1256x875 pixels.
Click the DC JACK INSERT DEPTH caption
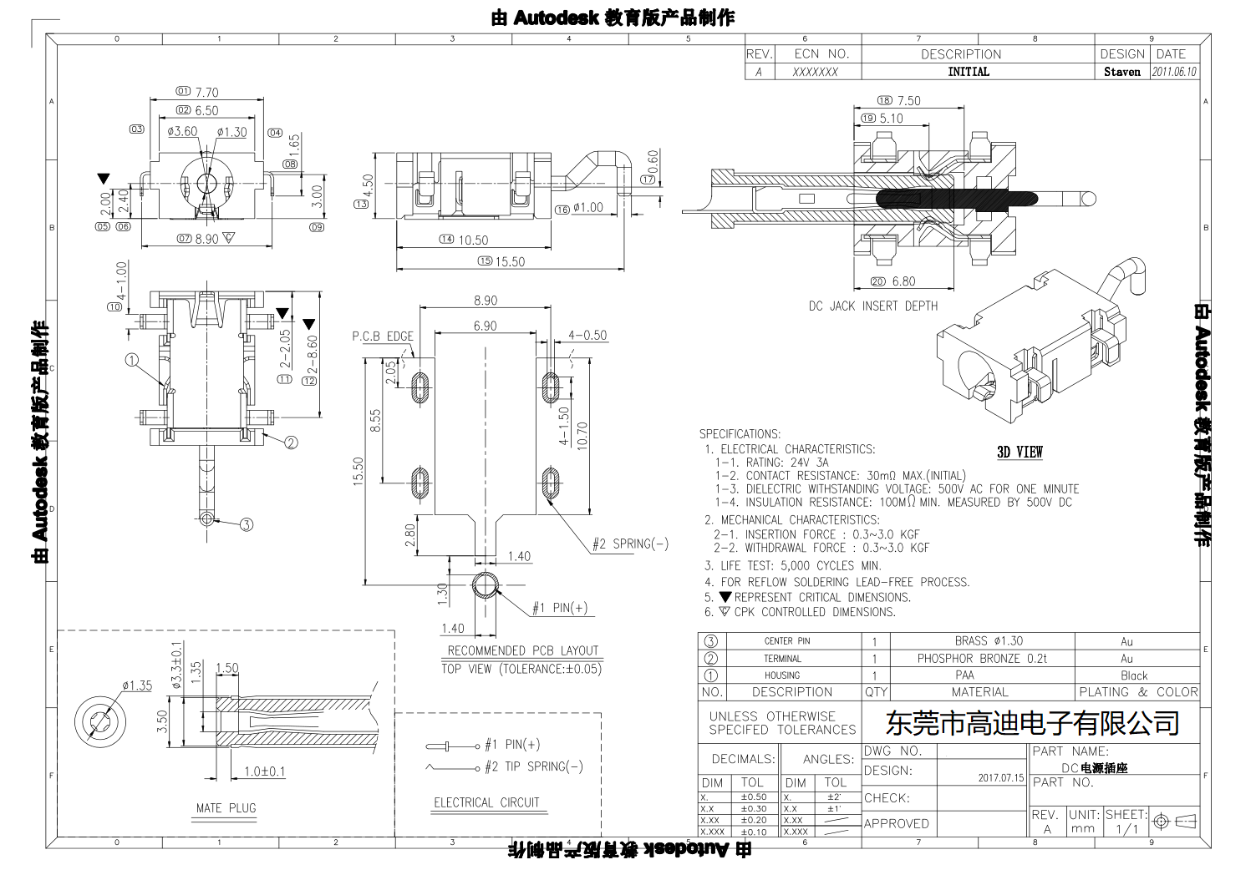[872, 306]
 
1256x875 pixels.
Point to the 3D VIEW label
[1020, 452]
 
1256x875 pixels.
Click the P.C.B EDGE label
[383, 336]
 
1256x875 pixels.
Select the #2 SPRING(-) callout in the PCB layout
[630, 544]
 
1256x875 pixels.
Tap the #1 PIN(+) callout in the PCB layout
[560, 608]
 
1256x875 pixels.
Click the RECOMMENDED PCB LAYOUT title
[522, 650]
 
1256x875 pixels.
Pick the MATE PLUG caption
[226, 807]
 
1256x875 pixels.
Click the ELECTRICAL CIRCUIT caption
[486, 802]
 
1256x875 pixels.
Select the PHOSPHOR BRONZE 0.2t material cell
[981, 658]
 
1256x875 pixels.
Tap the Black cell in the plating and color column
[1134, 675]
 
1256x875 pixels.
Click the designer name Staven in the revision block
[1121, 72]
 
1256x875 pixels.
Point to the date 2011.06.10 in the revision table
[1174, 72]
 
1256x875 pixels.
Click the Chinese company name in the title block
[1032, 722]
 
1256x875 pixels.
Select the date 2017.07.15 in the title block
[1000, 777]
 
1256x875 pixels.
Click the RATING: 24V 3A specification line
[771, 463]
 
